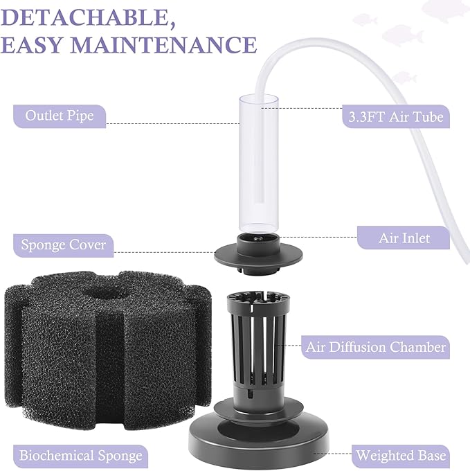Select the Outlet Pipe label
pos(60,115)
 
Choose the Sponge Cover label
pos(64,245)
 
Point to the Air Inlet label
pos(404,238)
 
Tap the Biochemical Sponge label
pos(81,455)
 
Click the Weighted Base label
pos(401,456)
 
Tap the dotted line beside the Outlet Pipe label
pos(173,124)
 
